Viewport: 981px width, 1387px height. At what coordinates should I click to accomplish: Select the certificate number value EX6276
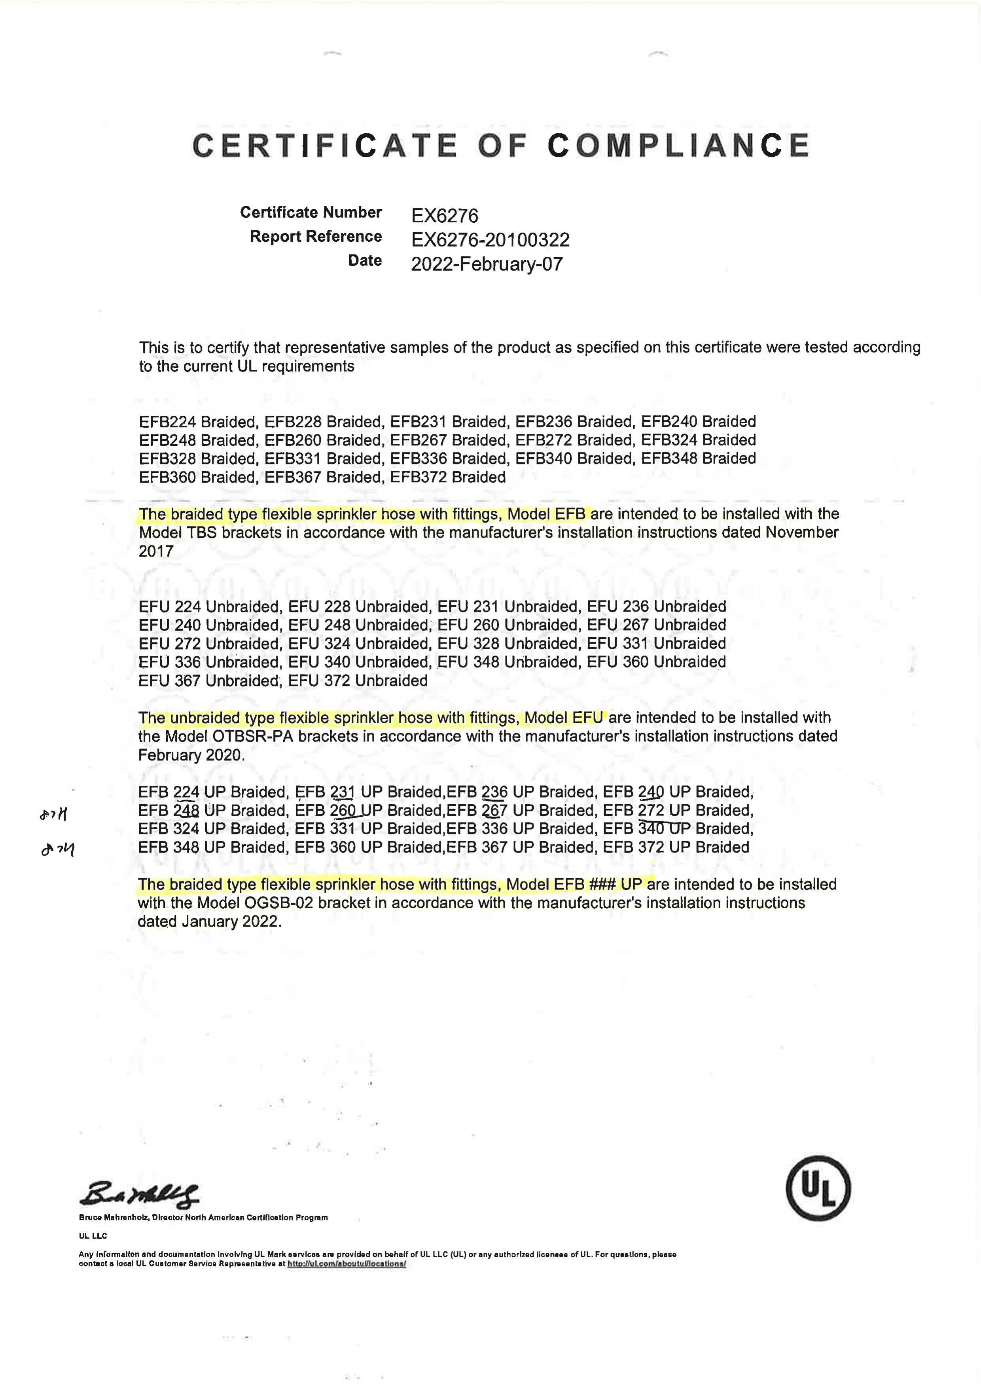[445, 216]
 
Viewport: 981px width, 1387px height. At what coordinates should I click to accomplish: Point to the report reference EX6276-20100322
[490, 240]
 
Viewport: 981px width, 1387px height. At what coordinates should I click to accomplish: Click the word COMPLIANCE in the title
[678, 146]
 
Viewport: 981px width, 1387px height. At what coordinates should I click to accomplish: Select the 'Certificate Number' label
[311, 212]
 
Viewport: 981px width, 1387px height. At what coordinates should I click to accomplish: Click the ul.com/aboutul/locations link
[346, 1263]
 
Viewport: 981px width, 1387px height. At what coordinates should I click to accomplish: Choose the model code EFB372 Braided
[448, 477]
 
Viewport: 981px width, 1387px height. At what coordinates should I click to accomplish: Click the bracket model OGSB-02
[272, 903]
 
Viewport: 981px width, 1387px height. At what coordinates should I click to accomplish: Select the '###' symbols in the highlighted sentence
[602, 885]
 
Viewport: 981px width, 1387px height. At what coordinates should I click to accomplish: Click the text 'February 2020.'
[191, 755]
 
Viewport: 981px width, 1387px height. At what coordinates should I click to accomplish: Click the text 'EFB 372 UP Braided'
[676, 847]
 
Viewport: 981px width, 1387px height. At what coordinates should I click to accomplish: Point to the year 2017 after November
[156, 551]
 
